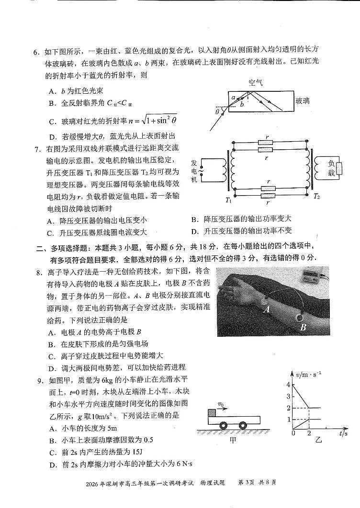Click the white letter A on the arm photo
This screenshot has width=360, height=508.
point(267,309)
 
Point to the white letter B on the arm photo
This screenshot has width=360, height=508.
point(303,328)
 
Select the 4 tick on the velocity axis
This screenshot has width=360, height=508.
point(288,385)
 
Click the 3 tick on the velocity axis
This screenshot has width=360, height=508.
point(288,397)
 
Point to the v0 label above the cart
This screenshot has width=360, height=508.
point(221,404)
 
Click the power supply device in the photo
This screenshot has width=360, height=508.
point(308,276)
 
